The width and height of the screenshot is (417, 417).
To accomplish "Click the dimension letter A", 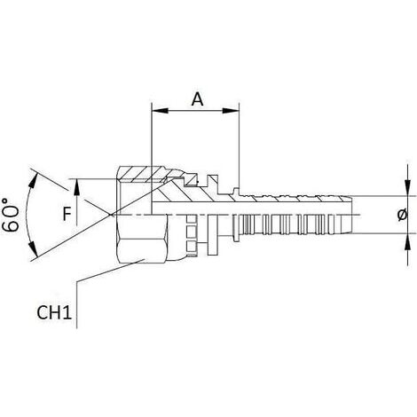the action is (197, 99).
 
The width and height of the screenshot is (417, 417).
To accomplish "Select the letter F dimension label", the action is (67, 214).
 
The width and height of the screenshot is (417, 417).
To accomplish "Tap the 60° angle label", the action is (11, 215).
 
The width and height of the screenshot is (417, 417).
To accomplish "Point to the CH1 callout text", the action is (54, 312).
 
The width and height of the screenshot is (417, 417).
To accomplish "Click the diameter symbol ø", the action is (402, 215).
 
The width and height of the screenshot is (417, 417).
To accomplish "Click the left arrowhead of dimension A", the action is (160, 111).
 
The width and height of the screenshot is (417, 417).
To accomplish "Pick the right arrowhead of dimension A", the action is (231, 111).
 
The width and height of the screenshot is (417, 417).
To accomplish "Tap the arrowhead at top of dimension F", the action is (76, 187).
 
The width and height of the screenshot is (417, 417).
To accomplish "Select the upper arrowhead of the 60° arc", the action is (34, 180).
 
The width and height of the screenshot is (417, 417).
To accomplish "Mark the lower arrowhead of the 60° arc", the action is (34, 249).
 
